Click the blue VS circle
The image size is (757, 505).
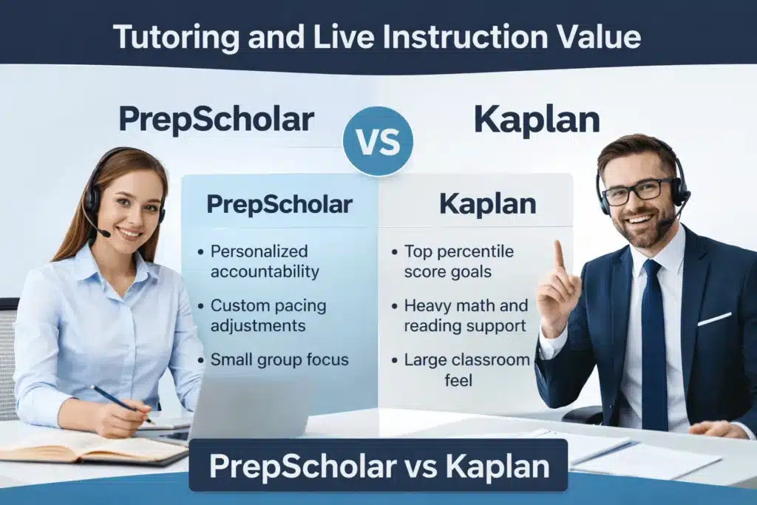pos(378,141)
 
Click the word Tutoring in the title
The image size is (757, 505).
pos(176,37)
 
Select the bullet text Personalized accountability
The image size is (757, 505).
pos(265,261)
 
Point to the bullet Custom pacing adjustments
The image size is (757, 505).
pos(268,315)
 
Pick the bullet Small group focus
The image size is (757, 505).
pos(279,359)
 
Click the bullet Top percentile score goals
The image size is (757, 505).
pos(458,261)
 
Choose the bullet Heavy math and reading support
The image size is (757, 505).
pos(466,315)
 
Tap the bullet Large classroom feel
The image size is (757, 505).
pos(466,370)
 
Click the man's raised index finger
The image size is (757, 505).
pos(559,257)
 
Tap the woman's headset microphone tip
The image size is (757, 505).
pos(105,234)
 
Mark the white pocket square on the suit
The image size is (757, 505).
pos(715,319)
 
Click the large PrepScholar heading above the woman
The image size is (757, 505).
pos(217,119)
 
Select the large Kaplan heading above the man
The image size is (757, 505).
pos(537,119)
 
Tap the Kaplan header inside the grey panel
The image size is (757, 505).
pos(488,204)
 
